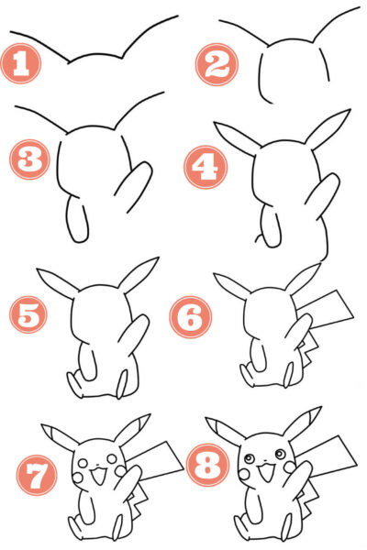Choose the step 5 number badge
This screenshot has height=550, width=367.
29,315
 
